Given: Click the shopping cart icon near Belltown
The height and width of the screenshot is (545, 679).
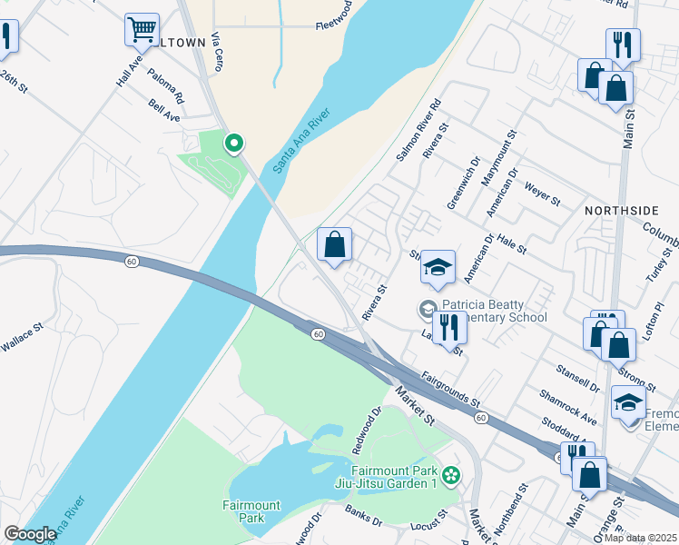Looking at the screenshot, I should (x=142, y=30).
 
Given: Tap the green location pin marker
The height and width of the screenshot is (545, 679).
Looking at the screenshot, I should (x=233, y=143).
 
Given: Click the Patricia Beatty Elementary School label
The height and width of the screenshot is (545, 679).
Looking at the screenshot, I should (x=494, y=312).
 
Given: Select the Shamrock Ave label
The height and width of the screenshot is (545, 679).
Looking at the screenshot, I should (x=567, y=406).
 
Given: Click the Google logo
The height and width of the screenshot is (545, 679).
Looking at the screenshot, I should (x=30, y=534).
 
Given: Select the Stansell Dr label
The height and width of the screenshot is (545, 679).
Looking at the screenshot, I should (x=582, y=380).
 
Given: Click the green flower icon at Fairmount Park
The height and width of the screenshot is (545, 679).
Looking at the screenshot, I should (x=451, y=474).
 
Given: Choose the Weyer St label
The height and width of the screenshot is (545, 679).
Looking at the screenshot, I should (x=543, y=194).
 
